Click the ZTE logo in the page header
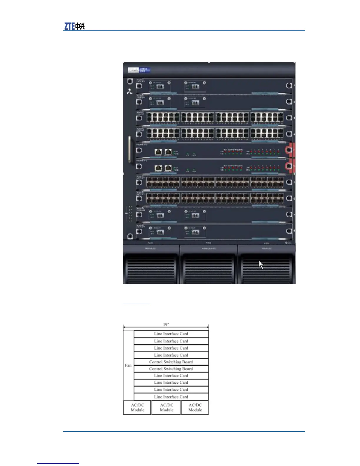pyautogui.click(x=74, y=26)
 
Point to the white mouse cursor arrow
pyautogui.click(x=261, y=264)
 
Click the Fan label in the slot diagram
pyautogui.click(x=128, y=365)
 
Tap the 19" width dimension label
pyautogui.click(x=166, y=324)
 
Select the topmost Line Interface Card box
pyautogui.click(x=171, y=334)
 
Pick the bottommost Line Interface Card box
pyautogui.click(x=171, y=397)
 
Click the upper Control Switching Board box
pyautogui.click(x=171, y=362)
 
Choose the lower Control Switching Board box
pyautogui.click(x=171, y=369)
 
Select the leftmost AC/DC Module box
pyautogui.click(x=137, y=407)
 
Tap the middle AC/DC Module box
pyautogui.click(x=166, y=407)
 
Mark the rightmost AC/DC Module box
pyautogui.click(x=195, y=407)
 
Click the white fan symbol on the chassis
pyautogui.click(x=129, y=92)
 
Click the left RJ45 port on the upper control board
pyautogui.click(x=159, y=152)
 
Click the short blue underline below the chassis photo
pyautogui.click(x=136, y=304)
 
